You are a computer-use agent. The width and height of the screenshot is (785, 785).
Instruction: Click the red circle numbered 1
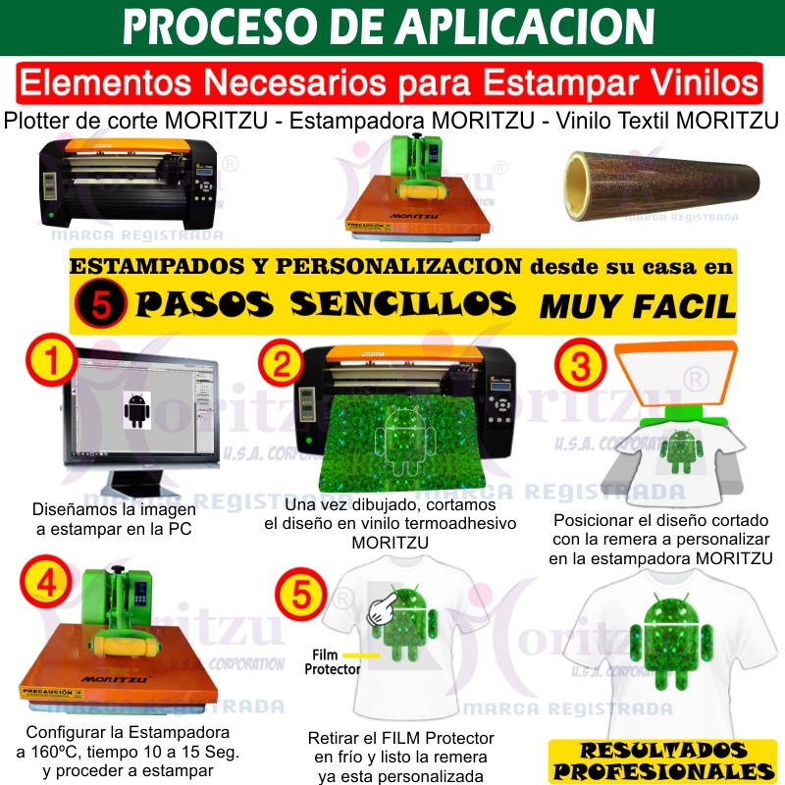(52, 359)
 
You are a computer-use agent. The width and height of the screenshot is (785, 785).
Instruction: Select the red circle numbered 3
(580, 365)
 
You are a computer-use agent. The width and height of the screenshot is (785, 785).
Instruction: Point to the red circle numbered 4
(46, 582)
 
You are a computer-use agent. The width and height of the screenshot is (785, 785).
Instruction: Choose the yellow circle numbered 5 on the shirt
(301, 595)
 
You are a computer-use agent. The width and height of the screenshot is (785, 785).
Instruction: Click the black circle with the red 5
(101, 303)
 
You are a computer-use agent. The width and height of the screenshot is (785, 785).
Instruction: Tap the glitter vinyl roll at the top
(661, 185)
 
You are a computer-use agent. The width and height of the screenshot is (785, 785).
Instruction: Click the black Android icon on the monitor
(136, 410)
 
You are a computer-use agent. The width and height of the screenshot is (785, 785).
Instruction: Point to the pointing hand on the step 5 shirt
(383, 607)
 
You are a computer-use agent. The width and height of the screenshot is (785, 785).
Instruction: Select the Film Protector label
(332, 661)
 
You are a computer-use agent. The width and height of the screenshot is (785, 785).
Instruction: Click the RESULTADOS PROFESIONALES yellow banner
(663, 761)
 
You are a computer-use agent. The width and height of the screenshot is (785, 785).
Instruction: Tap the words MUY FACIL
(637, 306)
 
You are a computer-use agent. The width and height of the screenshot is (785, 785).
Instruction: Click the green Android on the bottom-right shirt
(671, 639)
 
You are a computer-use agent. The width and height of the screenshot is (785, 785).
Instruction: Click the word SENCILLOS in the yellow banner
(402, 304)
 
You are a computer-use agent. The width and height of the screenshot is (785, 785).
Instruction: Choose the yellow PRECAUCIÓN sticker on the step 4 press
(52, 693)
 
